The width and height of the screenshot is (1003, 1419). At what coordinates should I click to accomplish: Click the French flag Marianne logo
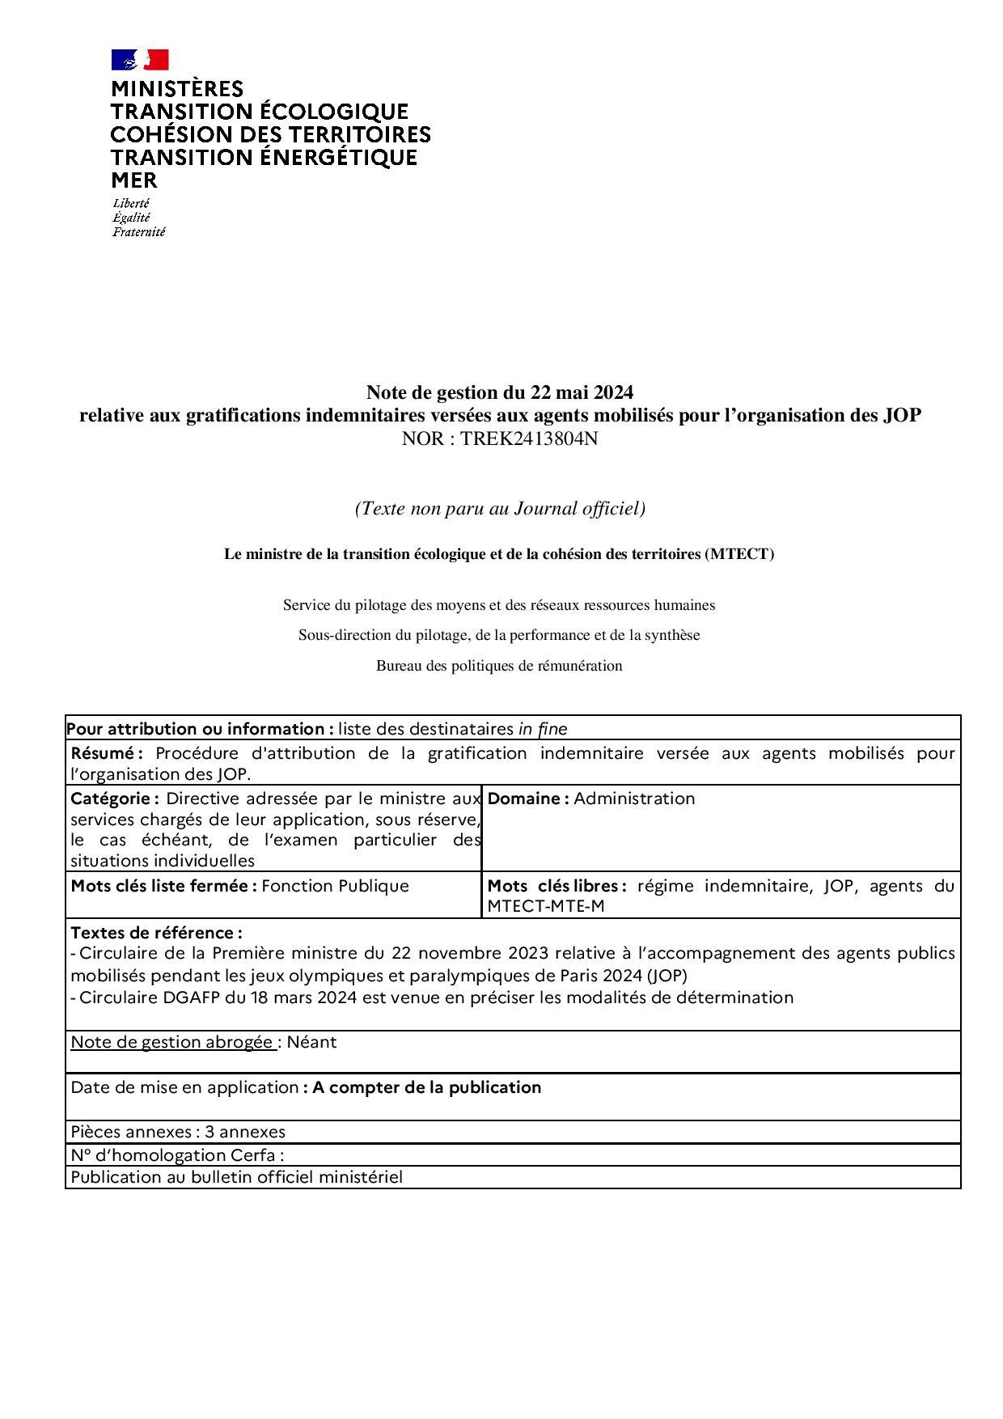tap(140, 60)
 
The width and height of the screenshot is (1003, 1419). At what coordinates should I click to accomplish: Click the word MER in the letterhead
tap(134, 180)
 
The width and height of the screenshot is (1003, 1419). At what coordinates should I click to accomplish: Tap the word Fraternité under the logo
tap(138, 232)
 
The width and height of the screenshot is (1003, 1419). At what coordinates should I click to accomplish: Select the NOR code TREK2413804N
tap(529, 439)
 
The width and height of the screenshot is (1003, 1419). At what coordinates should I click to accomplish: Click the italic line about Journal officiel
tap(500, 509)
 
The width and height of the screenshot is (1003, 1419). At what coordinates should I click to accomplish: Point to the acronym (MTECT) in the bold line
tap(738, 554)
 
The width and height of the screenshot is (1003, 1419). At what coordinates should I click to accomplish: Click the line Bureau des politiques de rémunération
tap(499, 666)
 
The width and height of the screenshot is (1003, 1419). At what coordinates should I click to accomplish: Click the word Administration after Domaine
tap(634, 798)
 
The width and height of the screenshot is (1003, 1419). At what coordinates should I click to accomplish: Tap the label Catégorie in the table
tap(114, 798)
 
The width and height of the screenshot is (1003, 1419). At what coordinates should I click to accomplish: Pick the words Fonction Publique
tap(335, 886)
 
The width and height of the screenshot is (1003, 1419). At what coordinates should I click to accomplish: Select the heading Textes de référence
tap(156, 933)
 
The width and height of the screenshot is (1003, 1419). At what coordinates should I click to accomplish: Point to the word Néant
tap(311, 1042)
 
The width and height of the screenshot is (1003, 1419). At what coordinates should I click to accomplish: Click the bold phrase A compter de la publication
tap(426, 1087)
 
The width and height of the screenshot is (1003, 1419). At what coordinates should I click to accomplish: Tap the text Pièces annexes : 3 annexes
tap(178, 1132)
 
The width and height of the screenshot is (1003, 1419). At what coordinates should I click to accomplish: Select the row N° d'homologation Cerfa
tap(177, 1154)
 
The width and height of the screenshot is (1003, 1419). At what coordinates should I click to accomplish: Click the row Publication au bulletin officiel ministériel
tap(236, 1177)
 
